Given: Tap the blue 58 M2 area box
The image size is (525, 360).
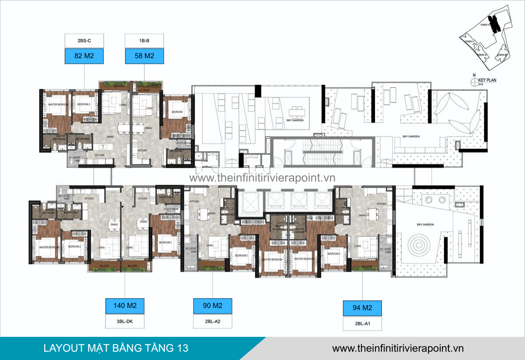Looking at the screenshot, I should [144, 56].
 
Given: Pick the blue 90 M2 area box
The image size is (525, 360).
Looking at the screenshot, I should [213, 306].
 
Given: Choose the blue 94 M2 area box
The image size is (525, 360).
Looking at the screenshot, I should [362, 308].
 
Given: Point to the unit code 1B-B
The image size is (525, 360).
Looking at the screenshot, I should [144, 41].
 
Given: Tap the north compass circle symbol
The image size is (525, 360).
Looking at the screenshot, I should [473, 81].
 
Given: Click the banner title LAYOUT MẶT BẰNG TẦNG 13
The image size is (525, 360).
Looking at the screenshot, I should [116, 348].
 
